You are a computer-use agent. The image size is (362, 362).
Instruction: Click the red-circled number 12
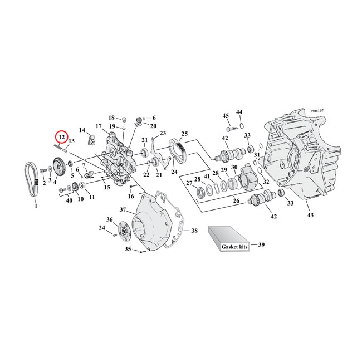click(60, 137)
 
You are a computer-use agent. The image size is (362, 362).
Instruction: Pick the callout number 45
click(226, 115)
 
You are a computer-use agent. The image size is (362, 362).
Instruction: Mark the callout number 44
click(239, 112)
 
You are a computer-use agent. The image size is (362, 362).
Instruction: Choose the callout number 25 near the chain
click(184, 134)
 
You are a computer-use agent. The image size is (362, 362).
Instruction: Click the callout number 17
click(98, 126)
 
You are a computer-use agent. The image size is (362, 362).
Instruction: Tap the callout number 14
click(82, 130)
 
